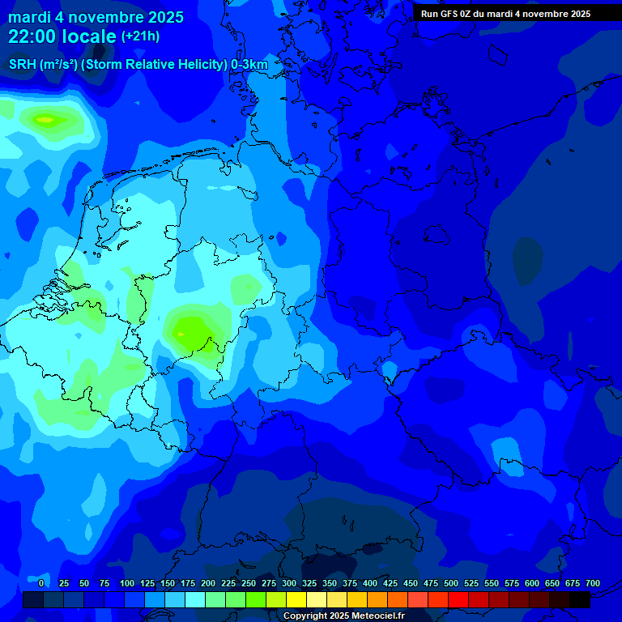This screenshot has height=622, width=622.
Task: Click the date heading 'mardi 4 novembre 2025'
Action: pyautogui.click(x=96, y=17)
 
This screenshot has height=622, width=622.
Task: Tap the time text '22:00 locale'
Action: pyautogui.click(x=62, y=36)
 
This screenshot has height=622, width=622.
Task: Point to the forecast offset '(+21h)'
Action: pyautogui.click(x=140, y=36)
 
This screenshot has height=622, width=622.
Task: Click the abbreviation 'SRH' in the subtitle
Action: pyautogui.click(x=23, y=65)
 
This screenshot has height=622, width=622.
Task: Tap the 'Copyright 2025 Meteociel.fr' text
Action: pyautogui.click(x=343, y=616)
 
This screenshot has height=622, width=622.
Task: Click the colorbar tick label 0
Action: pyautogui.click(x=41, y=583)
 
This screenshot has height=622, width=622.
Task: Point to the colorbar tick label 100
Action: pyautogui.click(x=127, y=583)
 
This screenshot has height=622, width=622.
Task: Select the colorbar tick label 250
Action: pyautogui.click(x=249, y=583)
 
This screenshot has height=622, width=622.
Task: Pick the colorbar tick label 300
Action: pyautogui.click(x=289, y=583)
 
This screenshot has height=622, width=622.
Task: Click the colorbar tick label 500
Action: pyautogui.click(x=451, y=583)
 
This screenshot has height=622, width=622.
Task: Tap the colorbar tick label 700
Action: pyautogui.click(x=593, y=583)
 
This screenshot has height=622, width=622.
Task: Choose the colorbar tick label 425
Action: pyautogui.click(x=390, y=583)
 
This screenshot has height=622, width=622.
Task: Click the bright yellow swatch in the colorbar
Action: pyautogui.click(x=296, y=600)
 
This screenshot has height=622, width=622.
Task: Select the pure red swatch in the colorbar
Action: pyautogui.click(x=458, y=600)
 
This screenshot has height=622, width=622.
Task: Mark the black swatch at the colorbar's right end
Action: pyautogui.click(x=580, y=600)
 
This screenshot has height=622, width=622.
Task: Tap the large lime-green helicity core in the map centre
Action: pyautogui.click(x=192, y=332)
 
